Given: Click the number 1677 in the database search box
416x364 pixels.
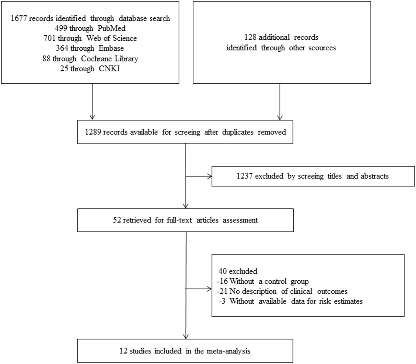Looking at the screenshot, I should point(19,18).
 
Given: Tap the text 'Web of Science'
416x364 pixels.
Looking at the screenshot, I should point(112,38).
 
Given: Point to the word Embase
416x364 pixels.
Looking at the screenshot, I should point(111,48).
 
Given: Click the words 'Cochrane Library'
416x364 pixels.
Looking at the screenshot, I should point(109,59).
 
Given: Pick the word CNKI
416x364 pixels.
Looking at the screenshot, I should point(109,69).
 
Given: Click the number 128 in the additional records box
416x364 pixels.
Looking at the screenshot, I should point(250,37).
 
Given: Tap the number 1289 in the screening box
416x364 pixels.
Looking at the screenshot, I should point(93,132).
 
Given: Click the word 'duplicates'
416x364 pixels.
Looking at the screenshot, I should point(238,132).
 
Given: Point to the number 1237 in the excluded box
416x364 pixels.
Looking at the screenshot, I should point(244,176).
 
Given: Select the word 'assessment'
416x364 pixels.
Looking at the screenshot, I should point(240,220).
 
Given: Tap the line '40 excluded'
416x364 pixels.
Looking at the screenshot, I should point(238,271).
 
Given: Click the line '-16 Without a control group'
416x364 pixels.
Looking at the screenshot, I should point(263,281).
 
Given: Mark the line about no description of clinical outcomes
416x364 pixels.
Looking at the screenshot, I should point(282,291).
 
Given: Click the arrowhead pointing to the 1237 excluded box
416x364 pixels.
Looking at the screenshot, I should point(209,176).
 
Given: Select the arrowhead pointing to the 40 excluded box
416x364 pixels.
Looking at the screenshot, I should point(209,289).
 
